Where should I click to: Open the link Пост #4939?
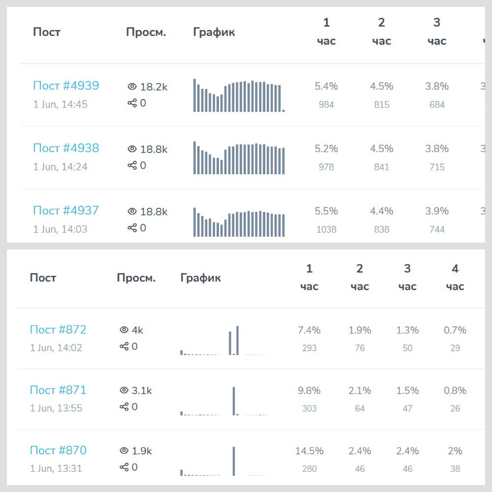[x=66, y=86]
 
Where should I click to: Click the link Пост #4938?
[x=66, y=148]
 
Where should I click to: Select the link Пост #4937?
[x=66, y=211]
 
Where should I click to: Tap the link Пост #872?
[x=58, y=330]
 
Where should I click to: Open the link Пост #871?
[x=58, y=390]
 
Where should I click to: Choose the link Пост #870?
[x=58, y=451]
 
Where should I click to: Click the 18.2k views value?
[x=154, y=87]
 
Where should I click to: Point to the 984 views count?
[x=326, y=104]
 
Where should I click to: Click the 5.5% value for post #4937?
[x=326, y=211]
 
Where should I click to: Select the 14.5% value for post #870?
[x=309, y=451]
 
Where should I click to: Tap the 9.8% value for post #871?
[x=309, y=391]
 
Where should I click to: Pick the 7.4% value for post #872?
[x=309, y=330]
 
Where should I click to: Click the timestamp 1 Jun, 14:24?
[x=60, y=167]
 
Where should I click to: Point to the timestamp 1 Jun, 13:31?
[x=56, y=468]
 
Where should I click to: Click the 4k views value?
[x=137, y=330]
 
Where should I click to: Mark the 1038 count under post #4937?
[x=326, y=229]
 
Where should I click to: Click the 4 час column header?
[x=455, y=277]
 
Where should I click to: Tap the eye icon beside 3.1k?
[x=124, y=391]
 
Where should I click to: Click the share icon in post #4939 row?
[x=132, y=103]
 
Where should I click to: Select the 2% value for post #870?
[x=455, y=451]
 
